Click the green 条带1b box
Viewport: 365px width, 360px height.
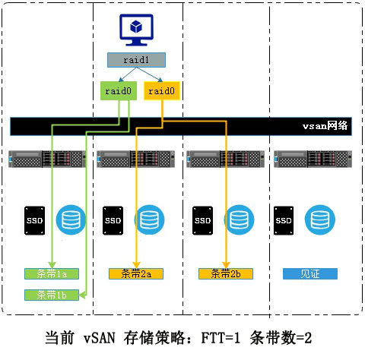coord(47,295)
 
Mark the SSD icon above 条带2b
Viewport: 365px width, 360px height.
coord(202,219)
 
